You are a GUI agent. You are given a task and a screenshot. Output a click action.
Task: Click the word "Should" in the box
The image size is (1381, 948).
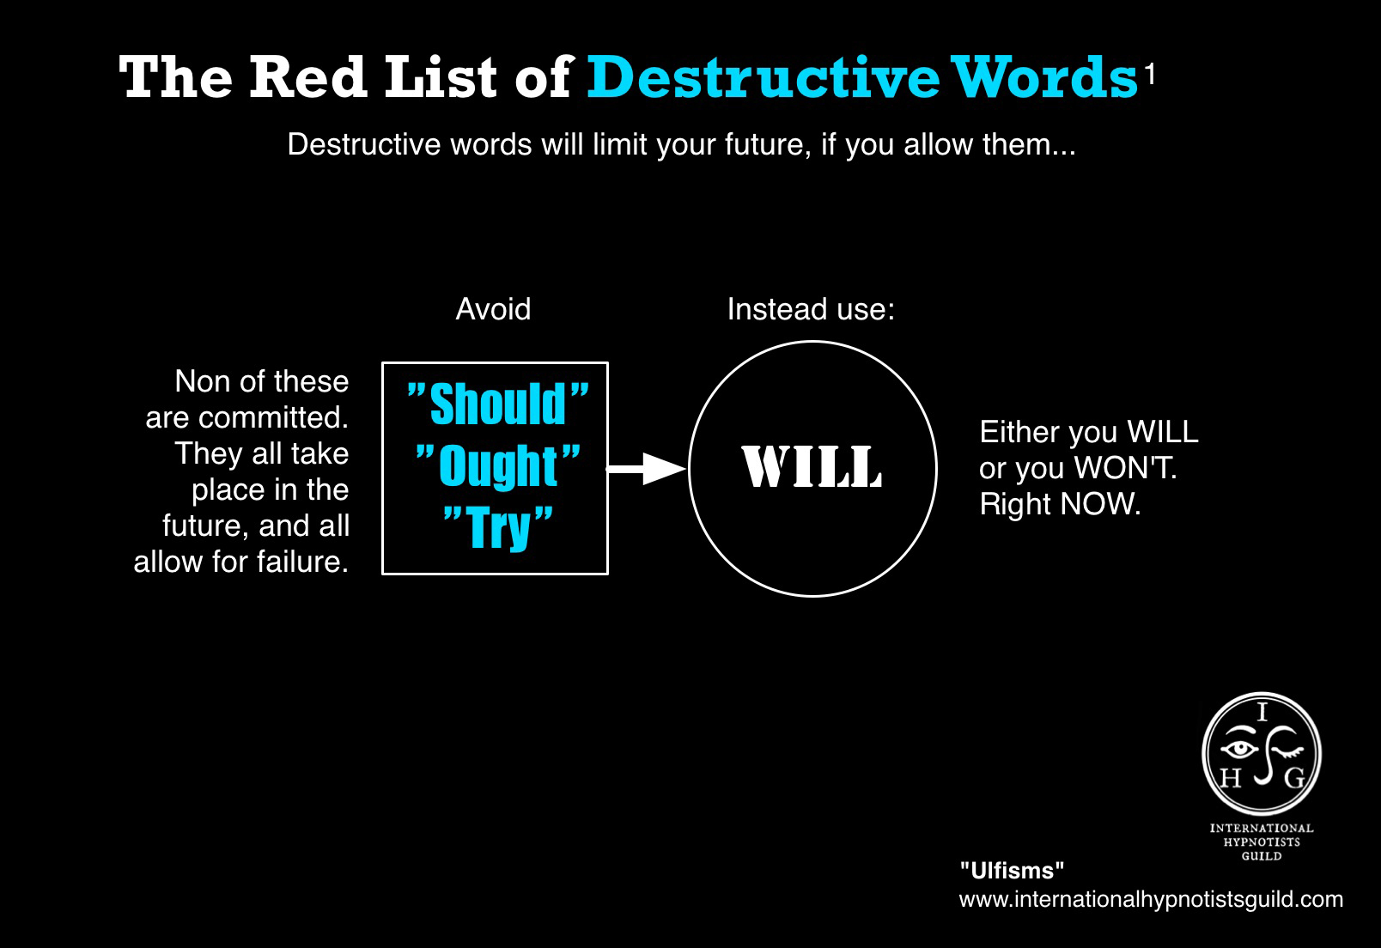(497, 404)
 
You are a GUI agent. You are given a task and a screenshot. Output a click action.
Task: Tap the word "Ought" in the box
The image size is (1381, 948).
(498, 466)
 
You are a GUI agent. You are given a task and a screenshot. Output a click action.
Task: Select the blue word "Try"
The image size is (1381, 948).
(498, 527)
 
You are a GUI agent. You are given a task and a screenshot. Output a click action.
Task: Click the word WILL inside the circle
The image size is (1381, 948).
(812, 466)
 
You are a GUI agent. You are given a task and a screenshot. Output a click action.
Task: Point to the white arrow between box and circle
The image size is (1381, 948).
(646, 469)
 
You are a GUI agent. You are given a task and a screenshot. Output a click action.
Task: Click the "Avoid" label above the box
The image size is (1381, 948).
(493, 309)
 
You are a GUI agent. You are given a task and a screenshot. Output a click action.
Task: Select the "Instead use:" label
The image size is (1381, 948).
(811, 309)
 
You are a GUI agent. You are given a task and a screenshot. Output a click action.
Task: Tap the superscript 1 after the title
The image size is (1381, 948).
(1149, 76)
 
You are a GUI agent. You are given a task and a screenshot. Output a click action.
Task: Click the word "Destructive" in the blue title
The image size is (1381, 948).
(764, 77)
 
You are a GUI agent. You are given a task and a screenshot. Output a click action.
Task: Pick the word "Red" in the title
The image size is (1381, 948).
(308, 77)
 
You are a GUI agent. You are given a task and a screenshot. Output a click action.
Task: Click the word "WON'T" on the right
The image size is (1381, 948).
(1125, 468)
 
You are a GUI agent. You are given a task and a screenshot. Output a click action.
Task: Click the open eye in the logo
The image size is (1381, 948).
(1239, 750)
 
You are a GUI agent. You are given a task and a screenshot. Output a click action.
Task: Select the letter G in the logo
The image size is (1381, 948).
(1294, 778)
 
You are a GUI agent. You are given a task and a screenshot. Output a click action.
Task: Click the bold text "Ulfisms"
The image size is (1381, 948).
(1012, 871)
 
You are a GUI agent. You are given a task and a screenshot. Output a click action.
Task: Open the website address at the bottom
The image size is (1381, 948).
(1151, 900)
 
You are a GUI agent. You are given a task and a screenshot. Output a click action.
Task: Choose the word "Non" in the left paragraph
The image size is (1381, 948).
(203, 381)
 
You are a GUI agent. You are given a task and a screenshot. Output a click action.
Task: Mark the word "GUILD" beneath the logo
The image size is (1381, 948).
(1262, 856)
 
